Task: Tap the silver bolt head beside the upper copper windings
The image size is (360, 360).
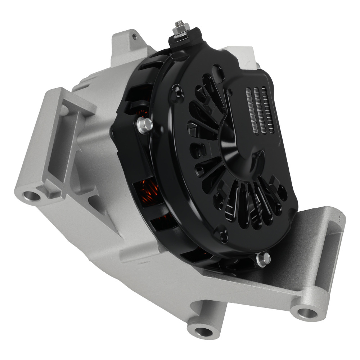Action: tap(145, 125)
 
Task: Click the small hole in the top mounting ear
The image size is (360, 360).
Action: tap(134, 36)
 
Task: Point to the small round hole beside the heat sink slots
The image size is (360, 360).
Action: tap(229, 93)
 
